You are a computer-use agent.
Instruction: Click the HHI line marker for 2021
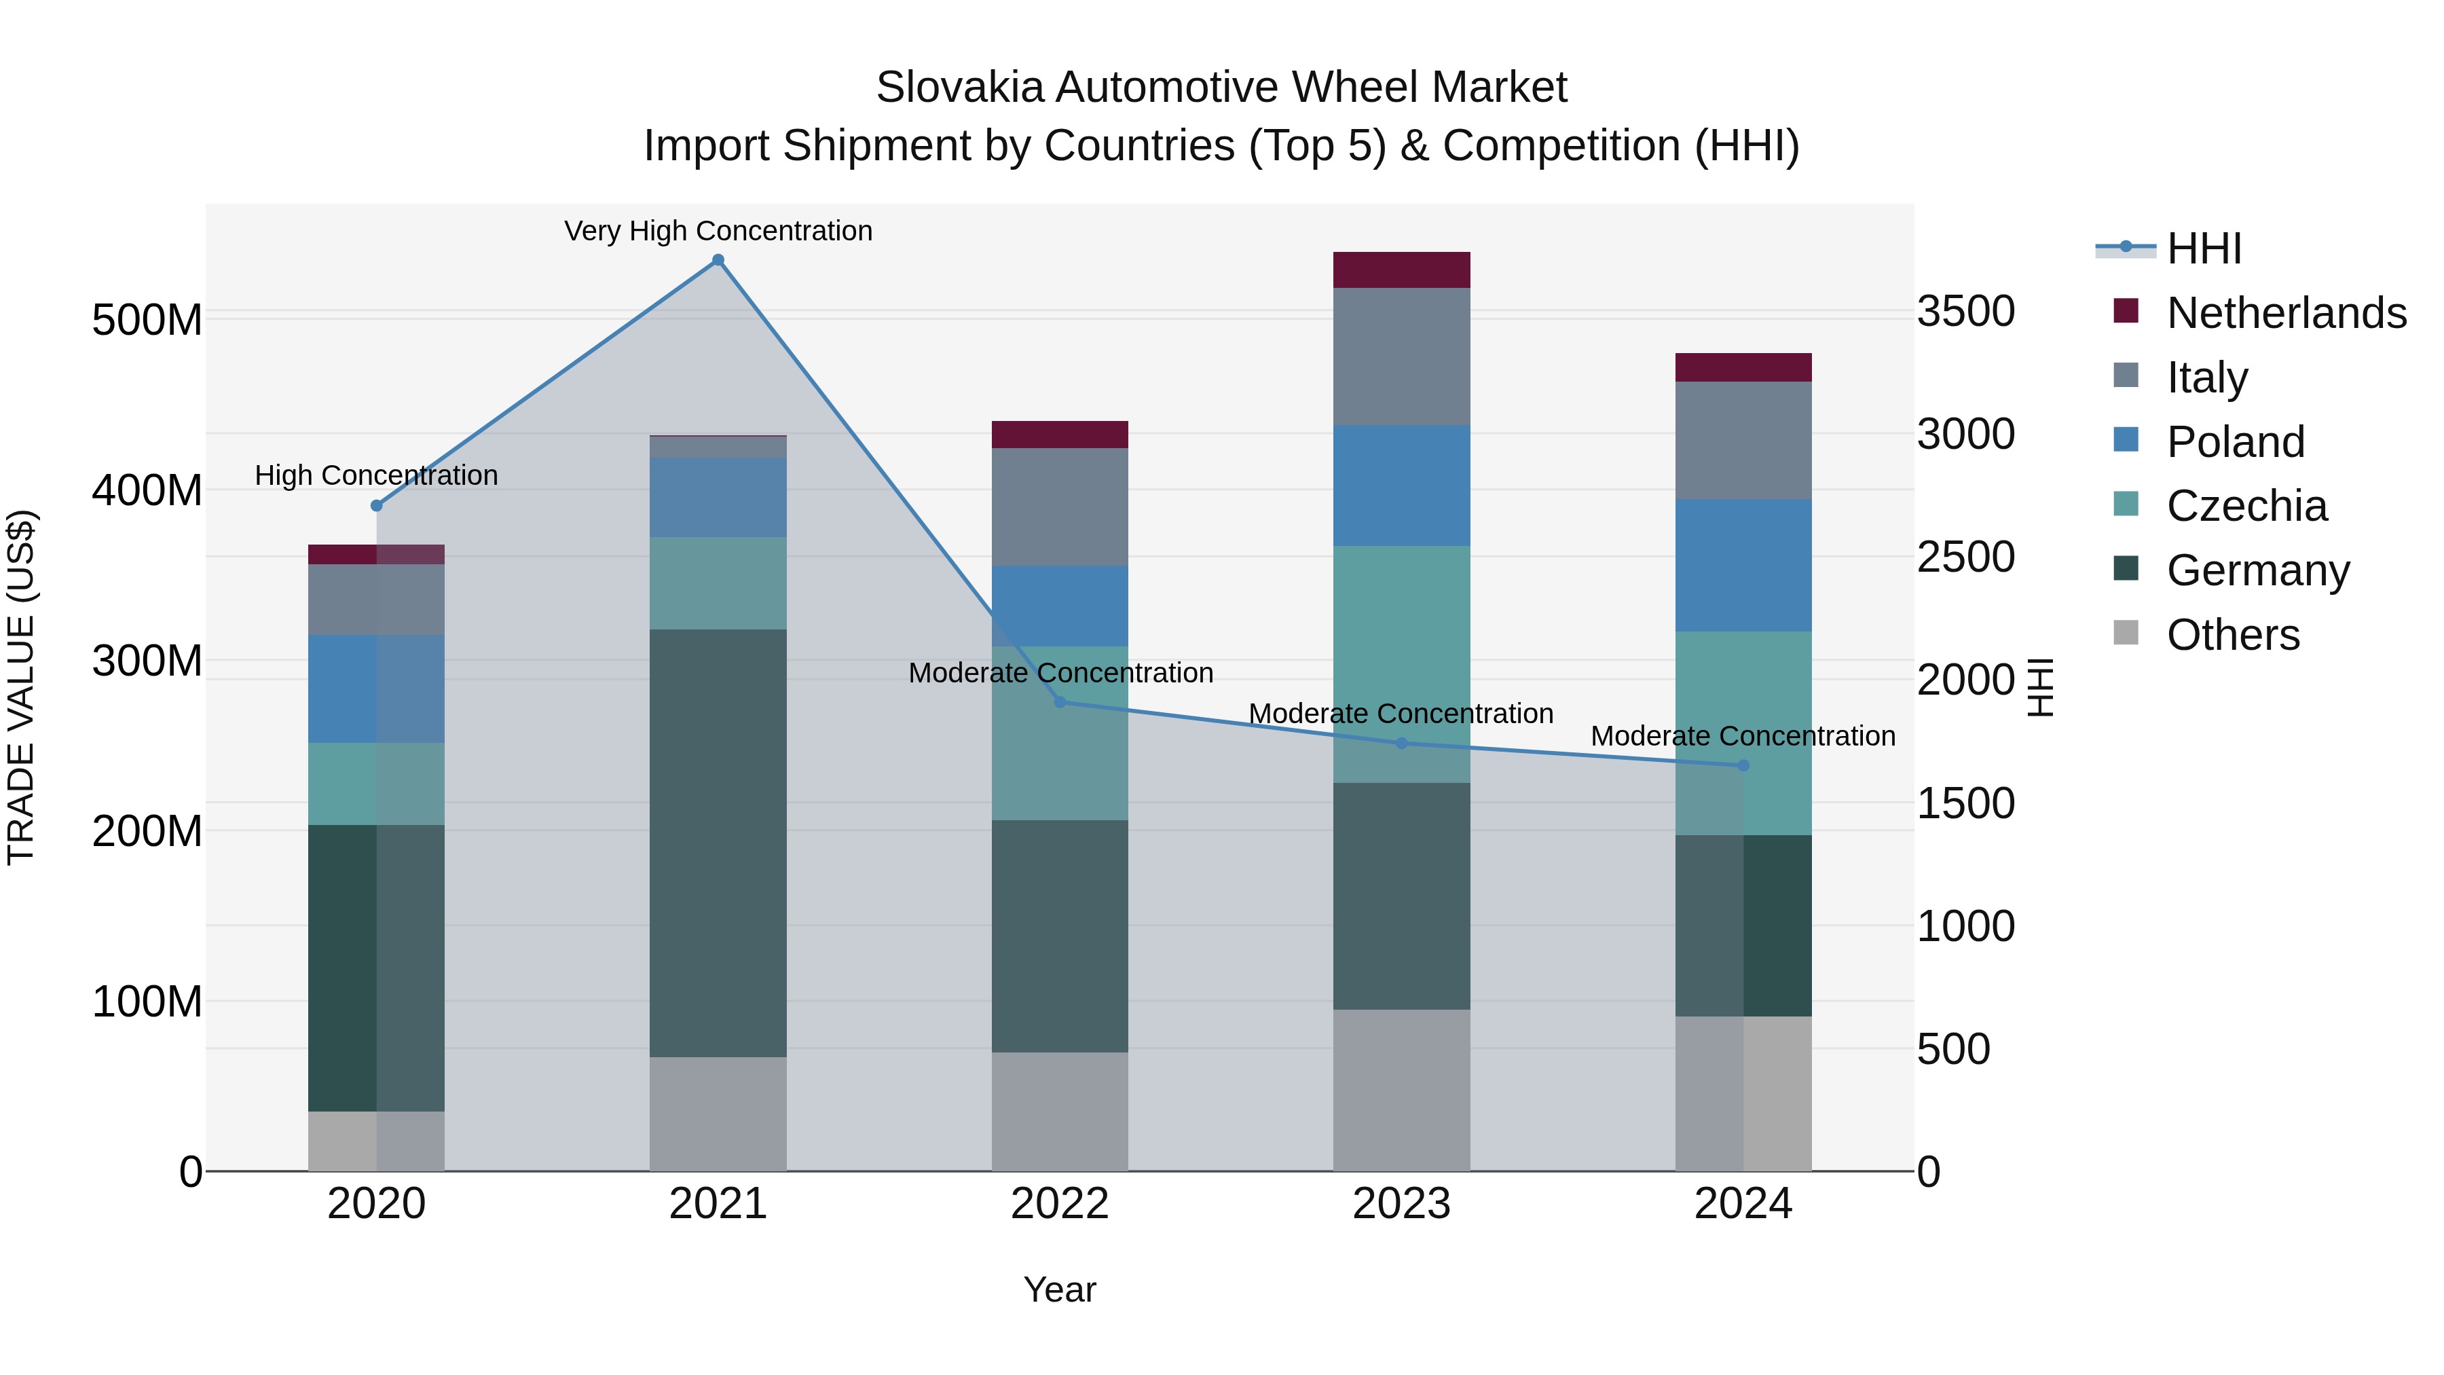(718, 260)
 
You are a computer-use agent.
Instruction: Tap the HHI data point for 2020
(377, 506)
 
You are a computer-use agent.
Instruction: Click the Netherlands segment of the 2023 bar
(1401, 270)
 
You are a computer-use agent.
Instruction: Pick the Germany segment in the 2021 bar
(718, 843)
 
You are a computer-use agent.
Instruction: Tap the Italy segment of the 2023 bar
(1401, 356)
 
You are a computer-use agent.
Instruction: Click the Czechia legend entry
(2246, 506)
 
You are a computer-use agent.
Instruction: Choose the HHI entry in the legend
(2204, 249)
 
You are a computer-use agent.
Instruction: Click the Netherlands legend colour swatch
(2126, 311)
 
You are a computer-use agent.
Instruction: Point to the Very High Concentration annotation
(718, 231)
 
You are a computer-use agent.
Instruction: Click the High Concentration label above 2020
(377, 475)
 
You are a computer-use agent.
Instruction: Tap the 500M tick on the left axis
(147, 320)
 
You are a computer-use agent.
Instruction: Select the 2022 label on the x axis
(1060, 1204)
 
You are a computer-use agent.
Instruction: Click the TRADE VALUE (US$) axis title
(21, 687)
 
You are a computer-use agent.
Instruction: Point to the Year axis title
(1060, 1289)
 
